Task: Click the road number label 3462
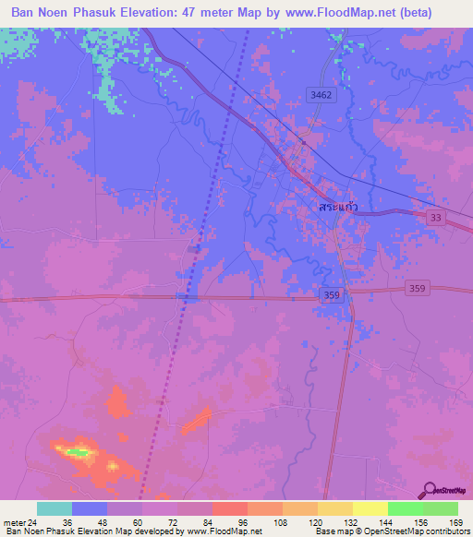tap(320, 94)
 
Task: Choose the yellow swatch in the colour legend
tap(370, 508)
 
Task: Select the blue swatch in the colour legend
tap(90, 508)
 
